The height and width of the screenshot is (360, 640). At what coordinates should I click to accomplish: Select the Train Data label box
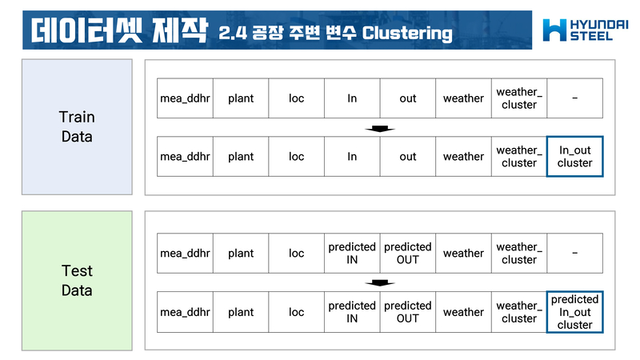tap(77, 127)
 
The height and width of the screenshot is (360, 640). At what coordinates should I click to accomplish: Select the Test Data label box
tap(77, 281)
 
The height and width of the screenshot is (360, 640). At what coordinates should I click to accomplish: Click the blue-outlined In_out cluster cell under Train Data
tap(574, 156)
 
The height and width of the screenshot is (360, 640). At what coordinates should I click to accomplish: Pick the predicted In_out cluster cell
tap(574, 312)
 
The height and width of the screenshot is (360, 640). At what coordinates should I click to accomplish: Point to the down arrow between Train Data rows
tap(380, 128)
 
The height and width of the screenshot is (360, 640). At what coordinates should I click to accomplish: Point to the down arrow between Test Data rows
tap(380, 282)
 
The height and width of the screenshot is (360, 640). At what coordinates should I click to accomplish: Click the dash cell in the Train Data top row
tap(574, 98)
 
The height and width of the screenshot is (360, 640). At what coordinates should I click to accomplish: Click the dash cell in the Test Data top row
tap(574, 253)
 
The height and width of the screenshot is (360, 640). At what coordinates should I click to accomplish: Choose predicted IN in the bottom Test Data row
tap(352, 312)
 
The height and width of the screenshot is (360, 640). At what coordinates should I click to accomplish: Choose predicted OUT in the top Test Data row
tap(408, 253)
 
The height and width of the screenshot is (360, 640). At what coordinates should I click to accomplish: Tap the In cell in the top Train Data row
tap(352, 98)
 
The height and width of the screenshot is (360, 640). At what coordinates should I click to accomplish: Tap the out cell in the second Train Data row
tap(408, 156)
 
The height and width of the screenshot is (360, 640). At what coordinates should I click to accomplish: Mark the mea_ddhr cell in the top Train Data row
tap(185, 98)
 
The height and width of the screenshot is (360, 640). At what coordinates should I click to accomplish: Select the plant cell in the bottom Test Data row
tap(241, 312)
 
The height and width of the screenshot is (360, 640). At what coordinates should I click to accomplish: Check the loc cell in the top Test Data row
tap(297, 253)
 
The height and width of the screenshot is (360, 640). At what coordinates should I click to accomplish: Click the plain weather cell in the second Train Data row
tap(463, 156)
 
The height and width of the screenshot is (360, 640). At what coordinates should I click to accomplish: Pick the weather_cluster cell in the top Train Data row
tap(519, 98)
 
